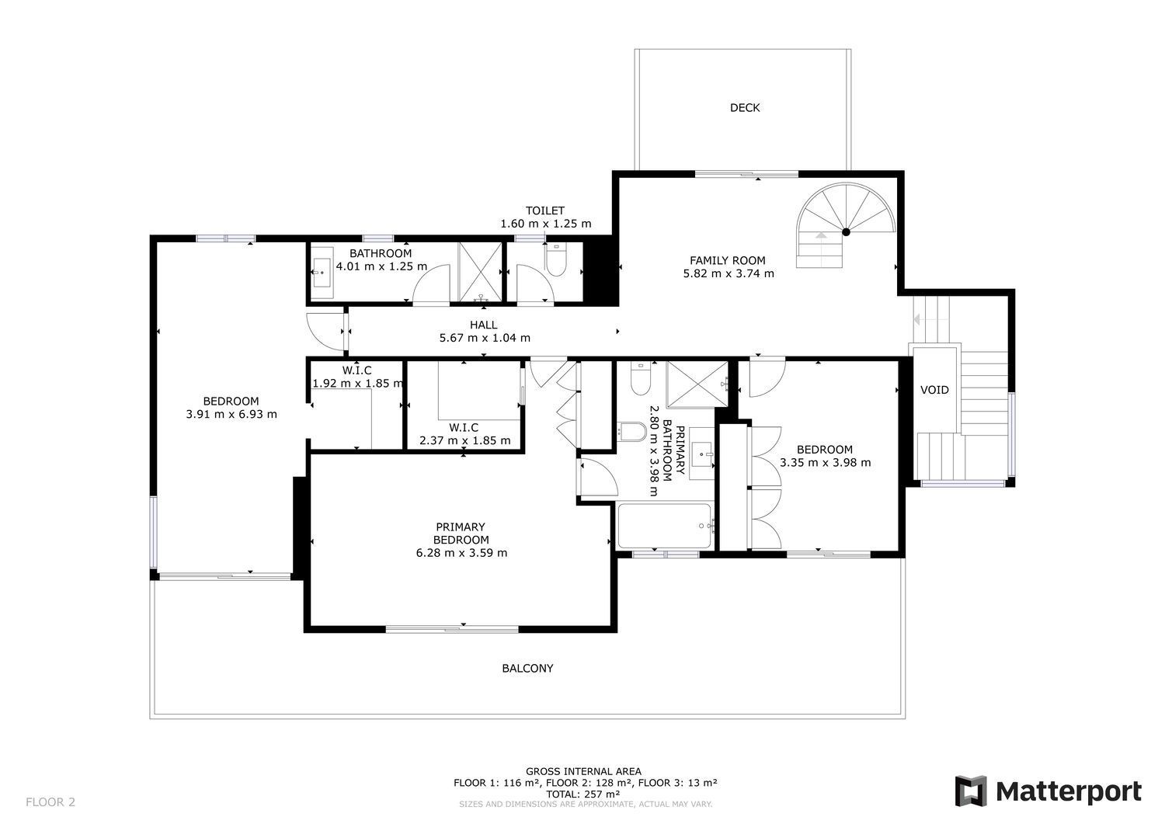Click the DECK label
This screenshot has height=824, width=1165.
coord(745,108)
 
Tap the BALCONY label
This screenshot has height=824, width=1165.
coord(527,669)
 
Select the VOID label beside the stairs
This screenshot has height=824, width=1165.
coord(934,390)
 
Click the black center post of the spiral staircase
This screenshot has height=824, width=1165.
coord(847,232)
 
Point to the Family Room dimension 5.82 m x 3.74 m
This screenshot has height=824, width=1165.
coord(729,273)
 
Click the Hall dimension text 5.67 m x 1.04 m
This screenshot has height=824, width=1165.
coord(485,338)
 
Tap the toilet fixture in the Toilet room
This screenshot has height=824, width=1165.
coord(556,259)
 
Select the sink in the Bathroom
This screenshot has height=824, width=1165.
coord(322,272)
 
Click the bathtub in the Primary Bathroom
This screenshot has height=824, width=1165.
coord(664,526)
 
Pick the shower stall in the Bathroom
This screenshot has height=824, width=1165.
coord(480,272)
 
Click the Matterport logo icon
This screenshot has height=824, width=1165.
coord(971,791)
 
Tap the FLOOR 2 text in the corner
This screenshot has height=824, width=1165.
coord(50,802)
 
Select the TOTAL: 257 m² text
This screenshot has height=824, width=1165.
coord(582,794)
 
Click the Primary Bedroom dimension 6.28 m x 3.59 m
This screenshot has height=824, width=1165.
coord(461,553)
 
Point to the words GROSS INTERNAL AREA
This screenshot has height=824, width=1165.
coord(583,771)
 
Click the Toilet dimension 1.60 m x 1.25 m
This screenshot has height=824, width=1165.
coord(545,224)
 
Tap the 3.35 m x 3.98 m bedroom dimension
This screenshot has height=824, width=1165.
coord(825,463)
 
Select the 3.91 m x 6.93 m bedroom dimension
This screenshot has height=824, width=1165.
coord(231,415)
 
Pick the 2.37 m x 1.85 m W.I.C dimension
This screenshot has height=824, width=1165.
coord(465,440)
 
